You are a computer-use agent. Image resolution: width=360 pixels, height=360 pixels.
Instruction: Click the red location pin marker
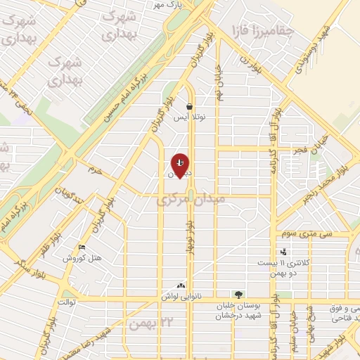pos(181,165)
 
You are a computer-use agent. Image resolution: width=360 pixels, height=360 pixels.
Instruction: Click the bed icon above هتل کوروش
pos(82,247)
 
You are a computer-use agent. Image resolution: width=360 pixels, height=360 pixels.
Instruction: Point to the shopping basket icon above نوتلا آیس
pos(190,107)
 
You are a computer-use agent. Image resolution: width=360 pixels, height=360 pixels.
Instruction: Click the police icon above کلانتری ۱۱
pos(283,252)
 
